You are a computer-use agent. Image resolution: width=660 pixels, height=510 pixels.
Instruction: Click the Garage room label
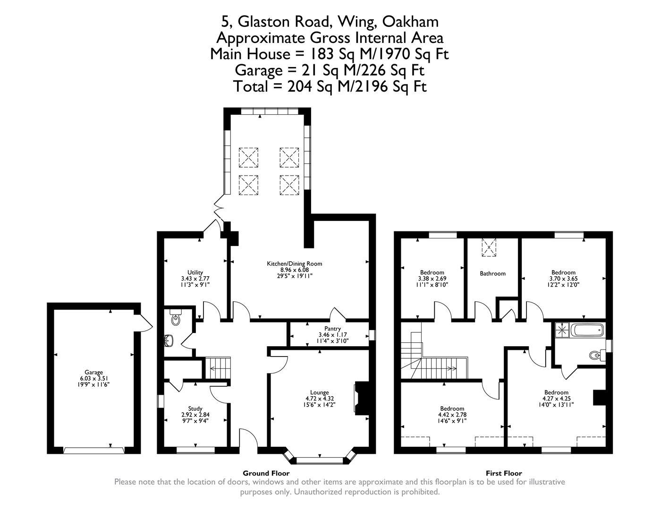93,372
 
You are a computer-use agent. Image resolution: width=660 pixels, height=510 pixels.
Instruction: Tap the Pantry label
332,329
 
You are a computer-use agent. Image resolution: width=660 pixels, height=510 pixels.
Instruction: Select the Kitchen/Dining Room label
294,263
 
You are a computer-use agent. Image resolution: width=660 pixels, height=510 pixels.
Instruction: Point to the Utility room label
195,272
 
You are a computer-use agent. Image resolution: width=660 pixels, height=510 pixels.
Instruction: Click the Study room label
195,408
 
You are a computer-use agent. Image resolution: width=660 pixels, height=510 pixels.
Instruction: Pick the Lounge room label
319,392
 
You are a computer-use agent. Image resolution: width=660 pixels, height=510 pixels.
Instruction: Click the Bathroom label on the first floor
492,273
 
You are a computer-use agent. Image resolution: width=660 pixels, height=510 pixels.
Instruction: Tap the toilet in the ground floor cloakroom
176,319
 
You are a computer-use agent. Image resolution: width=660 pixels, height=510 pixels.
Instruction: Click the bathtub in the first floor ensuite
587,330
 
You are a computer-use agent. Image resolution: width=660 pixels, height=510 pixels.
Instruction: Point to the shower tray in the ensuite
562,330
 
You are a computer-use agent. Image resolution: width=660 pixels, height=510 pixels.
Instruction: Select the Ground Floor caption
266,473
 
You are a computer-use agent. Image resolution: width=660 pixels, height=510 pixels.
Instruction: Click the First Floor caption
504,473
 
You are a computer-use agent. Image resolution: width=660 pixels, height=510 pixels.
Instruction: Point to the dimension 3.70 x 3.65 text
563,279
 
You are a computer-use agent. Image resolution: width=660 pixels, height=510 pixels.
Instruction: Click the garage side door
144,323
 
